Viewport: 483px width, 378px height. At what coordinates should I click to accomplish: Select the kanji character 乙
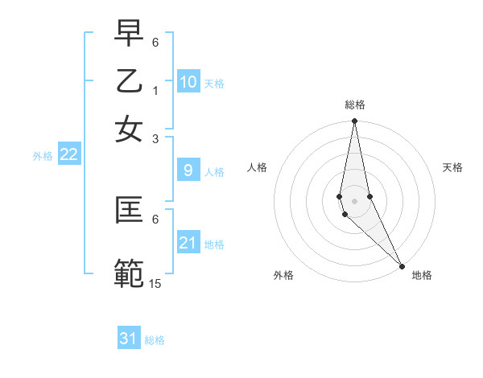tap(129, 80)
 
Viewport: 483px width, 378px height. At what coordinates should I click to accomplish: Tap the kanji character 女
tap(129, 129)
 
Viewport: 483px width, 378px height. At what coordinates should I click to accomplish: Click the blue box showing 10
tap(188, 82)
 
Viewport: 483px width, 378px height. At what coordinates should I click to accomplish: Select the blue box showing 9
tap(188, 171)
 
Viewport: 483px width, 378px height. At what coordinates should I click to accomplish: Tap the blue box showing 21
tap(188, 243)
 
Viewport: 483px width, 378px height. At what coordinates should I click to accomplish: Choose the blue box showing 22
tap(69, 154)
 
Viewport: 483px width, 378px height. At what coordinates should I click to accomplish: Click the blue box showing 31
tap(129, 339)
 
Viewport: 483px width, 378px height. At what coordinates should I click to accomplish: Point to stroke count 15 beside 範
tap(156, 283)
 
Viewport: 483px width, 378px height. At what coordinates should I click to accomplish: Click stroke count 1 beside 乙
tap(156, 90)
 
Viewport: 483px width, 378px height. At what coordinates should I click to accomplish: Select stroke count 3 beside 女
tap(156, 138)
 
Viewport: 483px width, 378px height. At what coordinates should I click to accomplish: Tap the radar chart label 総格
tap(355, 105)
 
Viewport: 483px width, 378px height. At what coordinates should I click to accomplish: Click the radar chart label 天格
tap(452, 167)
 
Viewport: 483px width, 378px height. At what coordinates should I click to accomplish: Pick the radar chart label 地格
tap(422, 275)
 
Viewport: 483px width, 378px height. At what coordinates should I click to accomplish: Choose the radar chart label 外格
tap(283, 275)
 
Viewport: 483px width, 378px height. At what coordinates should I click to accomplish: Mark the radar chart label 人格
tap(258, 167)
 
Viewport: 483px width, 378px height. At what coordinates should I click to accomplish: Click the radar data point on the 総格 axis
tap(354, 121)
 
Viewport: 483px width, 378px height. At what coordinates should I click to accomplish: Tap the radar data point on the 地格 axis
tap(402, 265)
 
